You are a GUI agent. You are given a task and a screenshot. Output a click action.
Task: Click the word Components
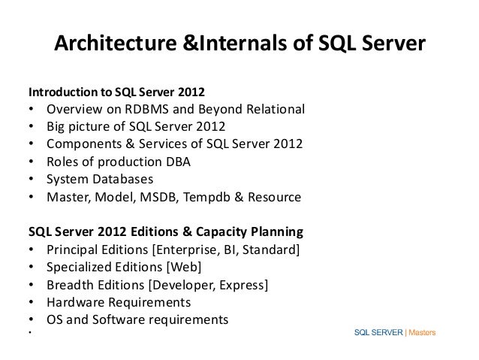(84, 145)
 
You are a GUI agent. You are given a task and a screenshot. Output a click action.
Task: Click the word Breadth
(70, 285)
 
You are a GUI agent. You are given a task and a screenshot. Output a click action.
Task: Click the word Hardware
(77, 303)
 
